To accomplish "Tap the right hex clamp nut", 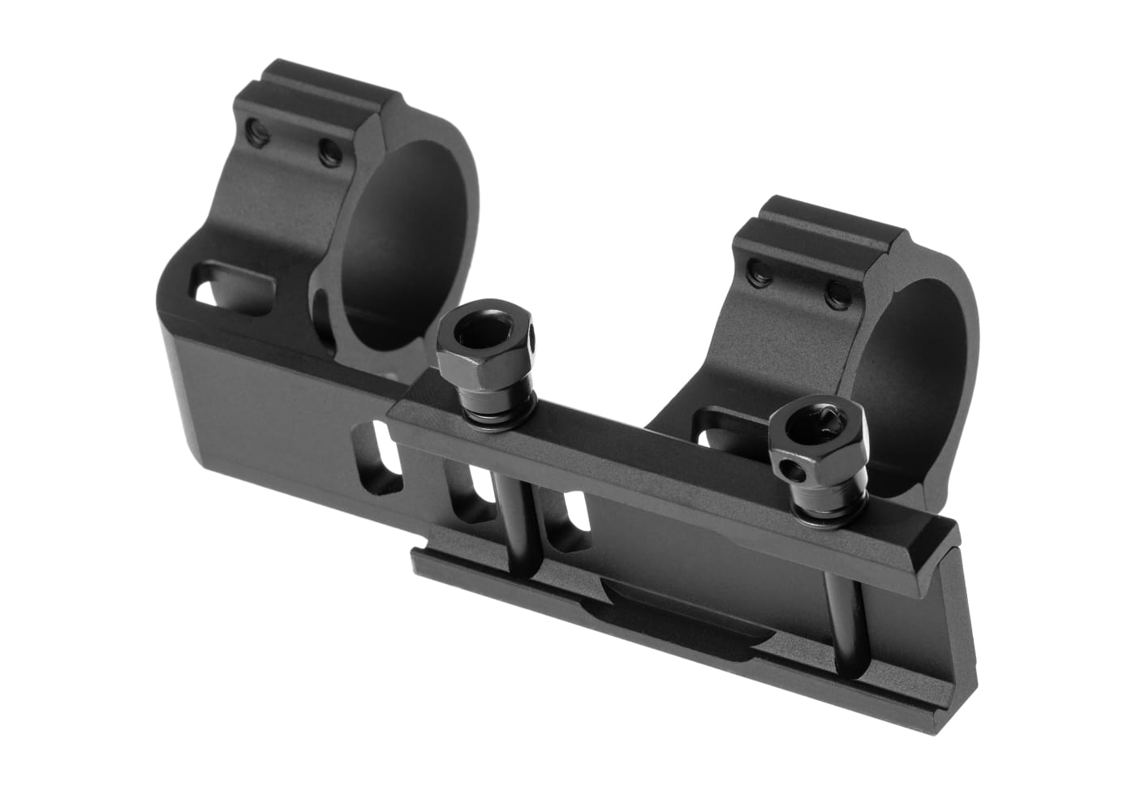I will click(820, 441).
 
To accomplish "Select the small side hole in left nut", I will click(531, 332).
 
